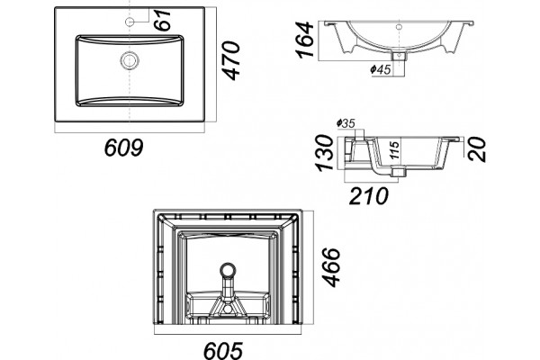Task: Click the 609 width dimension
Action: click(123, 148)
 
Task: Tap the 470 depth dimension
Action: click(230, 60)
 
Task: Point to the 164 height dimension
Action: click(304, 40)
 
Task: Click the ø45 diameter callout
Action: click(381, 69)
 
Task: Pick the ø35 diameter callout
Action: click(346, 123)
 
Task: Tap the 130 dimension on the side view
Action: click(325, 153)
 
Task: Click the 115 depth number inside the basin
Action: click(395, 149)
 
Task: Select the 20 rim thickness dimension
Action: click(477, 149)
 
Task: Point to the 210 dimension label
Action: click(368, 195)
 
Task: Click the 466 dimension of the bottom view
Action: click(331, 267)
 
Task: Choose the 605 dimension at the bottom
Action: click(223, 350)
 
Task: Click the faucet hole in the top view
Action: click(130, 22)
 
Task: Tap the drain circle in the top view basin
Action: click(130, 60)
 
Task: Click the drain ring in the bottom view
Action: click(228, 269)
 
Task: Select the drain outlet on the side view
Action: click(399, 171)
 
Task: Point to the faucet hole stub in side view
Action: click(359, 134)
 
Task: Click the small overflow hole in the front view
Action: click(399, 26)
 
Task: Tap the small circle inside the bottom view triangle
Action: click(228, 309)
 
